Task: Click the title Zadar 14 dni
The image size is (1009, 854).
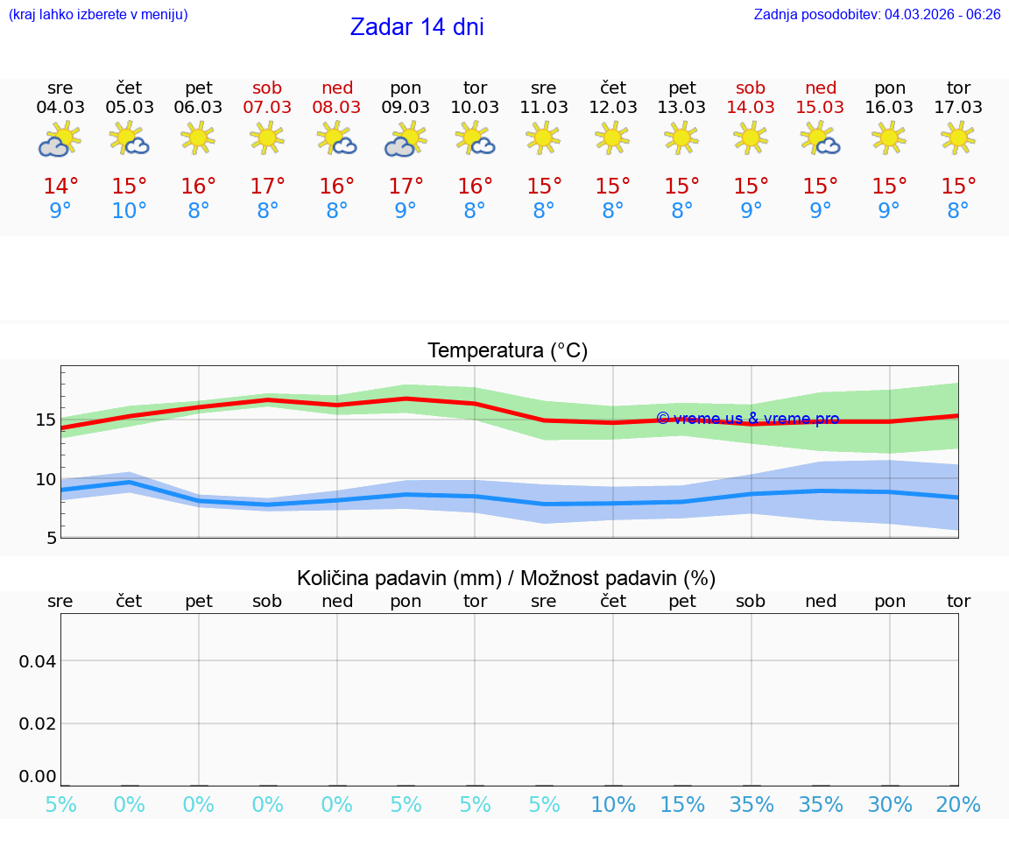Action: point(417,27)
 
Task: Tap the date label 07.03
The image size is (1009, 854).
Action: point(267,107)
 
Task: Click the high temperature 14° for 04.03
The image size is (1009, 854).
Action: point(60,187)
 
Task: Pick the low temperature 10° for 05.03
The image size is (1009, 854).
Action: point(129,211)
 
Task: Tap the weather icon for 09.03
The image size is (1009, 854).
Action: point(406,139)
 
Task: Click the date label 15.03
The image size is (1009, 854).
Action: point(820,107)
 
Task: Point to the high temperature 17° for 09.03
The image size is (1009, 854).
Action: point(406,187)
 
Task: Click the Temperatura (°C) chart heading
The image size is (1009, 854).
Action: point(507,351)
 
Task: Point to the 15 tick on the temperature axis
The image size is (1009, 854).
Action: point(46,420)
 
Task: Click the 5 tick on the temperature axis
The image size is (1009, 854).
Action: point(52,538)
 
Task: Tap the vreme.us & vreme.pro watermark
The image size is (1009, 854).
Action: point(747,419)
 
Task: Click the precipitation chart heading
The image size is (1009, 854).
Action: point(506,578)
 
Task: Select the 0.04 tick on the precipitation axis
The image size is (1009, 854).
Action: point(38,661)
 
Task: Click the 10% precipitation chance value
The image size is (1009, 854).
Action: point(613,805)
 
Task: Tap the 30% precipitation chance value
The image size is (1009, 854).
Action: point(890,805)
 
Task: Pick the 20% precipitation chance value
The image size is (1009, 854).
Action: point(958,805)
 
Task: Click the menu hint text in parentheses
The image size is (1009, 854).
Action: point(98,14)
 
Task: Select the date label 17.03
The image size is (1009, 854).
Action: point(958,107)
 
